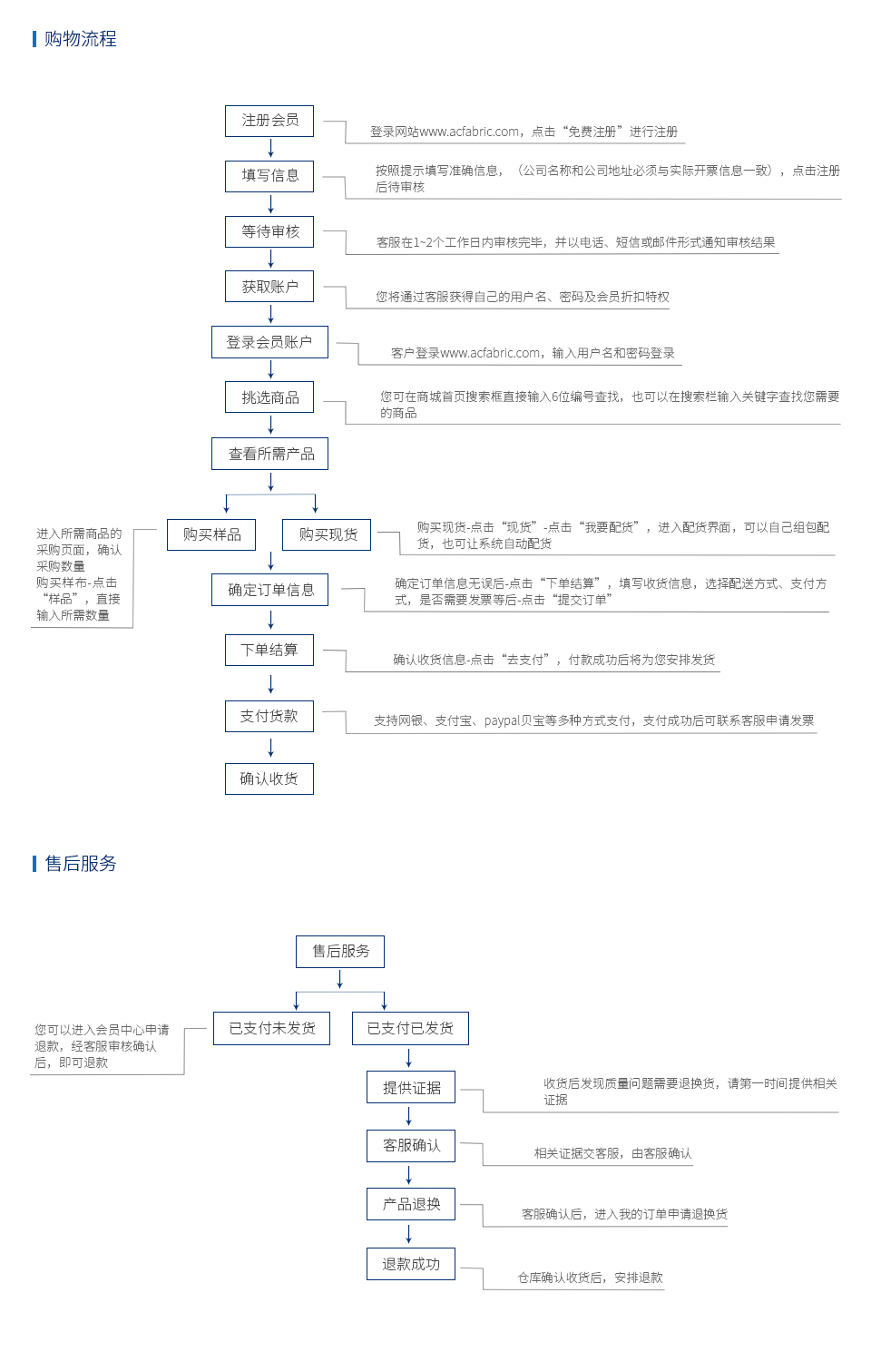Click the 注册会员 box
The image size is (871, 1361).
coord(269,121)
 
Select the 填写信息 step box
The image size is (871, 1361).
coord(269,176)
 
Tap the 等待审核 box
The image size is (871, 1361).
coord(269,231)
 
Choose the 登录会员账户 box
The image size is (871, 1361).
coord(269,342)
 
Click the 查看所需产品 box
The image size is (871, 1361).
coord(269,454)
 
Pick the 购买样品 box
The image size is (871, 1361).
coord(211,534)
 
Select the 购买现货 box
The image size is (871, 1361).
coord(327,534)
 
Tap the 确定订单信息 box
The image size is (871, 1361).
coord(269,590)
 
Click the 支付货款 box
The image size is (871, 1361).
coord(269,716)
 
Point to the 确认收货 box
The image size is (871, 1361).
coord(269,778)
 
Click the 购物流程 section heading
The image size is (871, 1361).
coord(80,39)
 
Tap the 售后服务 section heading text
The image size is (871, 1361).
coord(80,864)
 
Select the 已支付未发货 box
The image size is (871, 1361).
coord(271,1028)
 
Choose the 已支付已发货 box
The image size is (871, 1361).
coord(411,1028)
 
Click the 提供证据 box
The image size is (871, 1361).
coord(411,1087)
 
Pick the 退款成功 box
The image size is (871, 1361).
coord(411,1264)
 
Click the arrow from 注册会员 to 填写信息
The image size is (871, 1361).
coord(271,148)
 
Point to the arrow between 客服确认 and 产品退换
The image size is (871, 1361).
coord(409,1174)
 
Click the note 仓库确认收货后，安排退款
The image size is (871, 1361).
coord(590,1278)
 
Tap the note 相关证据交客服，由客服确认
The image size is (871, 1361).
coord(612,1153)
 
